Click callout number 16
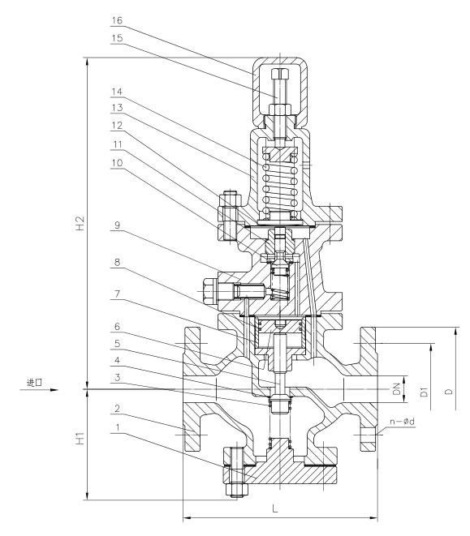pos(117,20)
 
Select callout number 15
pos(117,38)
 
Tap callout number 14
pos(117,92)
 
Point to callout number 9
pos(117,225)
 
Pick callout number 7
pos(117,294)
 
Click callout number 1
pos(118,427)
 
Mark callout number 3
pos(117,377)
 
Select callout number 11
pos(117,144)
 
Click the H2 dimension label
pos(80,223)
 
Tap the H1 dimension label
pos(80,439)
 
